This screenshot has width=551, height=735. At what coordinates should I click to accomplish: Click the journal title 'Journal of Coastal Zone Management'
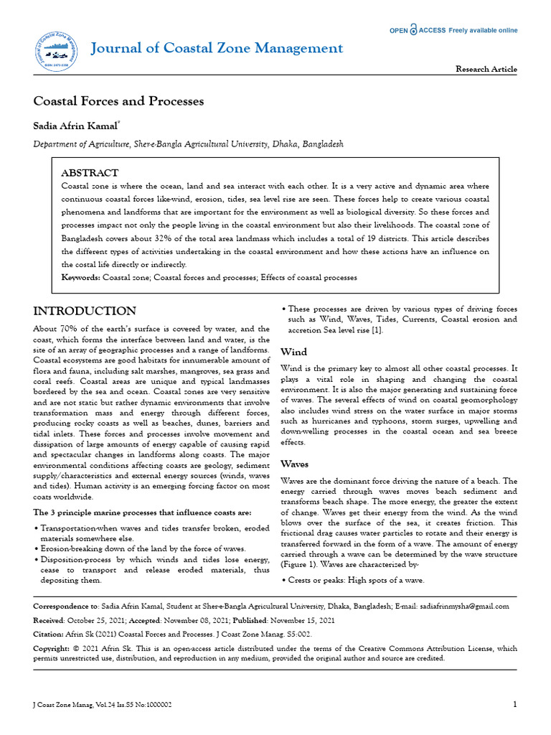click(216, 48)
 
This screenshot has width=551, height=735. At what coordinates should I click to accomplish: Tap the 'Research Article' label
click(486, 69)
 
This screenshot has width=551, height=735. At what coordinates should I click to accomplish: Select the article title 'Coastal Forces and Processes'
click(118, 101)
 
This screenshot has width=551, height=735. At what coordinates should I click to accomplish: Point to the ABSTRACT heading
click(90, 173)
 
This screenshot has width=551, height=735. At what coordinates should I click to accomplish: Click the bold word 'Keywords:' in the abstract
click(81, 277)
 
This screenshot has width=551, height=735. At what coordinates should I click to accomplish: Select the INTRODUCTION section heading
click(85, 311)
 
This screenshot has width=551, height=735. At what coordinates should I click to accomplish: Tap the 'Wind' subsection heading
click(293, 352)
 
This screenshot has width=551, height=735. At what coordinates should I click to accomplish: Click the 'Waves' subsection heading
click(295, 464)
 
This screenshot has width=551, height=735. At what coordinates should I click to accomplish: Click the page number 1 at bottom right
click(514, 705)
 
